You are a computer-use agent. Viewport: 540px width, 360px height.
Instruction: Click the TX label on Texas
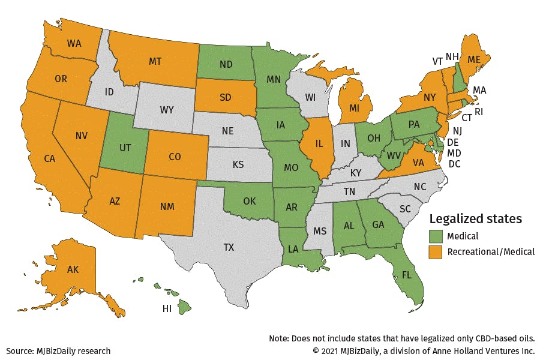pos(229,247)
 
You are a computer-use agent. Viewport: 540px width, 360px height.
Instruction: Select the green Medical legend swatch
pos(436,236)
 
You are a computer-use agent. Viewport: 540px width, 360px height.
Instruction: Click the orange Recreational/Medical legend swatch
pos(436,251)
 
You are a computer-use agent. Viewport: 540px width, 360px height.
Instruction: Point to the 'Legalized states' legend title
pos(475,218)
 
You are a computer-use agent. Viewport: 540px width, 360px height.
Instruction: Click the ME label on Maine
pos(474,59)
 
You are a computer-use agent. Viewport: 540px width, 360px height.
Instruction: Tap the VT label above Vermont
pos(439,61)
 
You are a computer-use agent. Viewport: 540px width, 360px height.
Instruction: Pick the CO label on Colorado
pos(175,157)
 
